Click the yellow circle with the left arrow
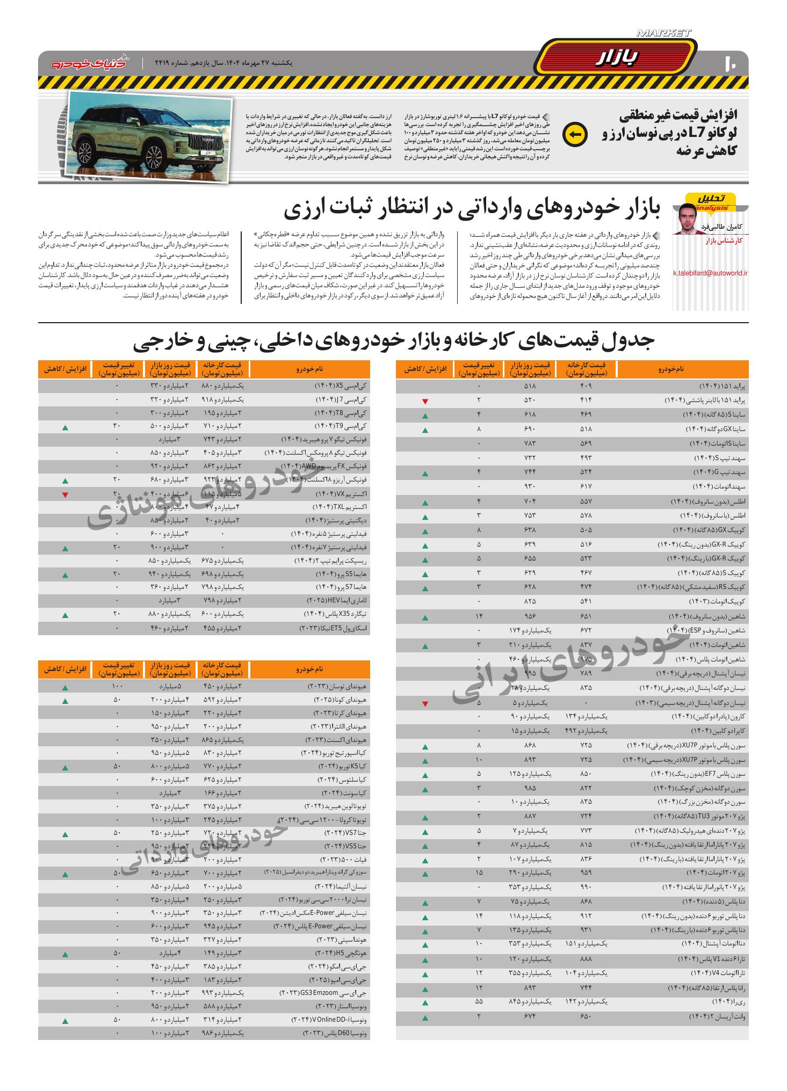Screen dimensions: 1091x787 [574, 135]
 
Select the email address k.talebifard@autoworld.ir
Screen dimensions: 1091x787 [710, 273]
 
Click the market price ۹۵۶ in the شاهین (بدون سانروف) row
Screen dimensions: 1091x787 [530, 616]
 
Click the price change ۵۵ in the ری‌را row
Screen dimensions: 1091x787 [479, 1001]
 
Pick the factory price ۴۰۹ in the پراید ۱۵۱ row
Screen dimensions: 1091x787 [586, 386]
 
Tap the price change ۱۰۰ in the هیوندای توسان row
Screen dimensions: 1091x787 [118, 687]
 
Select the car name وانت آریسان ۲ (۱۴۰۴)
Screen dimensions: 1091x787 [718, 1016]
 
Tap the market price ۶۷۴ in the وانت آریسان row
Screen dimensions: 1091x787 [530, 1016]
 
